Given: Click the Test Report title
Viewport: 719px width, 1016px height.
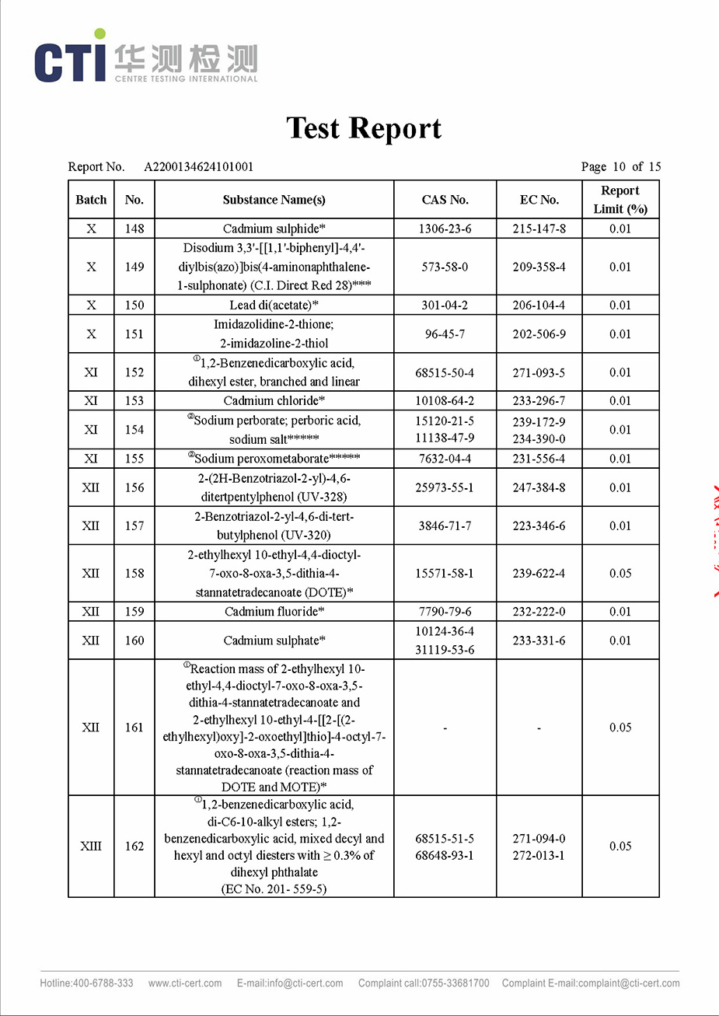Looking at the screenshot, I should coord(364,128).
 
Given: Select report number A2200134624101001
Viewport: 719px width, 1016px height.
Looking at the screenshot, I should coord(199,166).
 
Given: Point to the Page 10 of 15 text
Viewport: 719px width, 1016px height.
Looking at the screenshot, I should coord(620,166).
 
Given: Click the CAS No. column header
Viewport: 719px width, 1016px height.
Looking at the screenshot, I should coord(445,200).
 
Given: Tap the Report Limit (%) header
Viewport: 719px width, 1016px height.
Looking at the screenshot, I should coord(620,200).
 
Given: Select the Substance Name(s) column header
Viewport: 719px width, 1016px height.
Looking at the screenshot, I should coord(274,200).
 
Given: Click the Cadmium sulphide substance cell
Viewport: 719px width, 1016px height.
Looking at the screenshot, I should coord(274,229).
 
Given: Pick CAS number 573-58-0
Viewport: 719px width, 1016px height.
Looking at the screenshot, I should coord(445,267).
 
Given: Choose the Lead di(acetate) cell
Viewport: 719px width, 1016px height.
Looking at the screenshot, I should coord(274,305).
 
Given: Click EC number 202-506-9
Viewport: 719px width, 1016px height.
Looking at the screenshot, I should coord(539,334).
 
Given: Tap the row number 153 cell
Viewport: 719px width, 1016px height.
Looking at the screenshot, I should coord(134,400).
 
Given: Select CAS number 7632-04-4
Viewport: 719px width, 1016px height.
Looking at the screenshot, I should coord(445,459).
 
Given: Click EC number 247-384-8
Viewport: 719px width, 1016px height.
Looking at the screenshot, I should coord(539,487).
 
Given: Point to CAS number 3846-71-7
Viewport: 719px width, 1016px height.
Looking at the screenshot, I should coord(445,525).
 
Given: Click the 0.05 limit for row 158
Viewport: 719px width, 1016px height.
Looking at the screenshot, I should coord(620,573).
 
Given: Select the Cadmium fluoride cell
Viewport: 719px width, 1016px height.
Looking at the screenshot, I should coord(274,611).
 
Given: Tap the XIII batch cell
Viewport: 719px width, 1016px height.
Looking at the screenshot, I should coord(91,846).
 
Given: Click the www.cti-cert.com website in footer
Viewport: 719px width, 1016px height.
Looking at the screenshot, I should coord(185,983).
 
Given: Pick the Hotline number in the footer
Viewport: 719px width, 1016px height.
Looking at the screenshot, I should coord(86,983).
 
